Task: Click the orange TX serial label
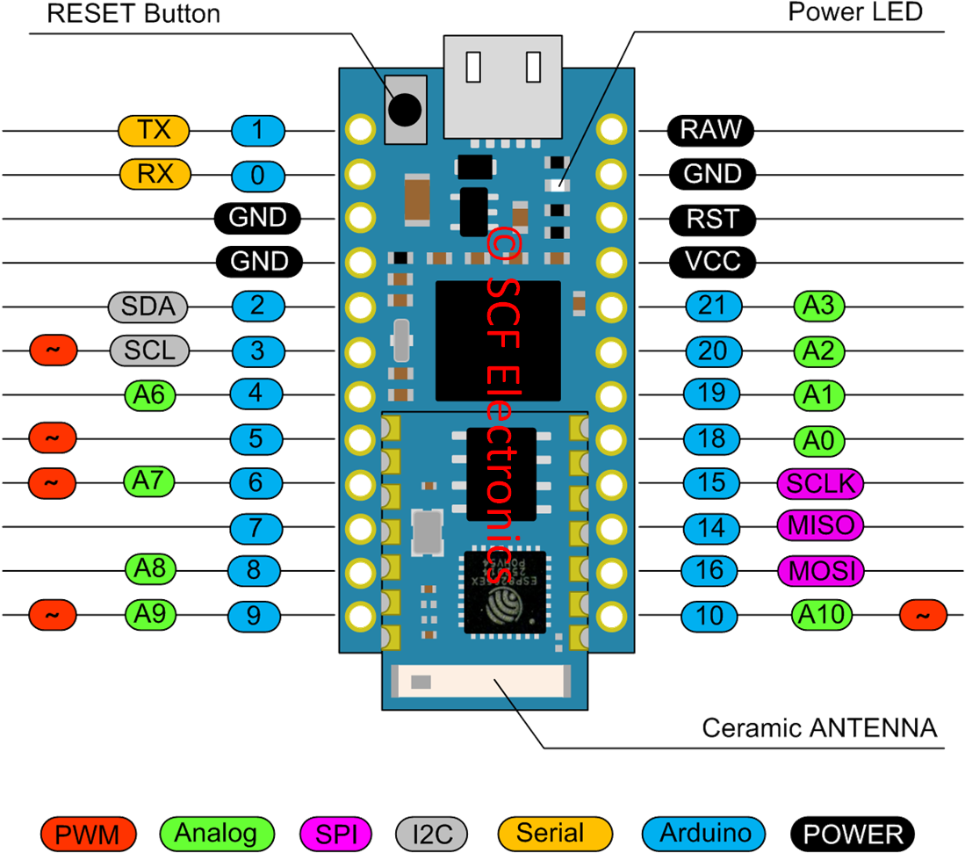pyautogui.click(x=154, y=131)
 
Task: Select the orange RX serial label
pyautogui.click(x=155, y=174)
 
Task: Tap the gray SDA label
pyautogui.click(x=148, y=307)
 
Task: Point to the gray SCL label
pyautogui.click(x=149, y=351)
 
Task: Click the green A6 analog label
pyautogui.click(x=149, y=394)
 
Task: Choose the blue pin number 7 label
pyautogui.click(x=256, y=528)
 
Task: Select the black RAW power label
pyautogui.click(x=710, y=130)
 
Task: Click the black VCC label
pyautogui.click(x=712, y=261)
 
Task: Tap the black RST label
pyautogui.click(x=712, y=218)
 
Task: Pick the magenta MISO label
pyautogui.click(x=820, y=526)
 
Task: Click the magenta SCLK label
pyautogui.click(x=820, y=482)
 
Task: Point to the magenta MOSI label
pyautogui.click(x=820, y=571)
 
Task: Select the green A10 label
pyautogui.click(x=822, y=615)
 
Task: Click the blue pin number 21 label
pyautogui.click(x=713, y=306)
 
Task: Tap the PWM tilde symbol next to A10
pyautogui.click(x=923, y=616)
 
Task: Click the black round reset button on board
pyautogui.click(x=405, y=109)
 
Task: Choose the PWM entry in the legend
pyautogui.click(x=90, y=833)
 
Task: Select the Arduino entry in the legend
pyautogui.click(x=704, y=833)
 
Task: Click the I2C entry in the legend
pyautogui.click(x=431, y=833)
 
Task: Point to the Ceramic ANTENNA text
pyautogui.click(x=819, y=728)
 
